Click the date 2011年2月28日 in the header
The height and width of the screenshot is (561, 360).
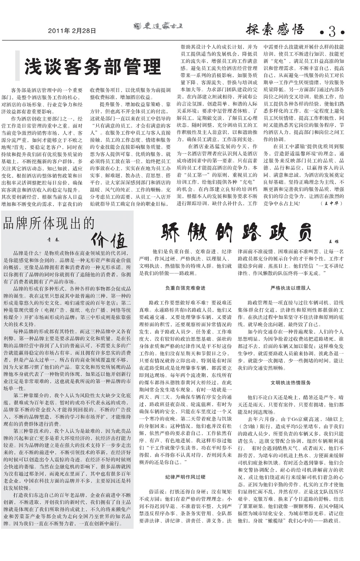point(72,31)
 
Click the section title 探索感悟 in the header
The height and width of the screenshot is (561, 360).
point(275,29)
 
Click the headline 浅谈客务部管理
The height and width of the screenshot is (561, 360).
point(93,67)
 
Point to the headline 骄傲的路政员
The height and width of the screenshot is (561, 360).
point(237,232)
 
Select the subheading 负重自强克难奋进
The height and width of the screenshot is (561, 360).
point(185,288)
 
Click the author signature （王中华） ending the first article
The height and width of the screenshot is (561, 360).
point(331,203)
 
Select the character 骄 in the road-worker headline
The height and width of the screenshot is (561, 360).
point(171,232)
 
